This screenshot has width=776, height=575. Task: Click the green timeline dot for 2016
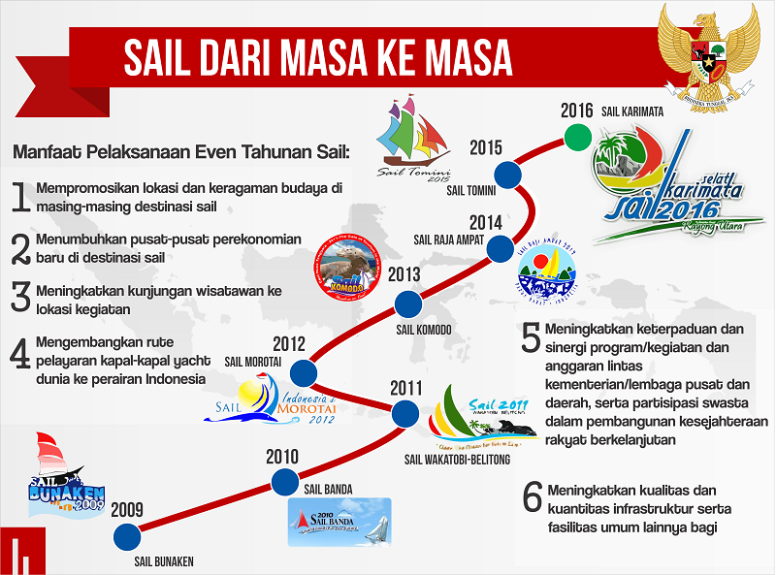tap(577, 136)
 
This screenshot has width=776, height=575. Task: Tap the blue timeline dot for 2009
tap(125, 535)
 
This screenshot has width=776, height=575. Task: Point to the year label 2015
tap(486, 148)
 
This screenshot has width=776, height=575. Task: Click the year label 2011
tap(405, 389)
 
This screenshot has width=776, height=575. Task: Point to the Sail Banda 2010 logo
tap(339, 522)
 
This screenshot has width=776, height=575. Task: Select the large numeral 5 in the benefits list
tap(531, 337)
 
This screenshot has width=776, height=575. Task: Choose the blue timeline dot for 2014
tap(500, 249)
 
